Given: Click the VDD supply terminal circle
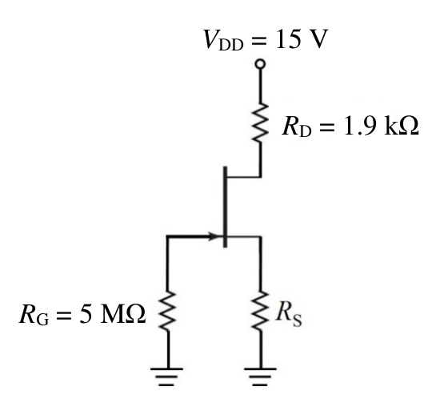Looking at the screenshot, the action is click(x=260, y=64).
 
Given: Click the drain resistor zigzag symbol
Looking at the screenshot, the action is click(x=261, y=122).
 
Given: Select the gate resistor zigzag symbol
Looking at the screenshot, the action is click(x=167, y=311).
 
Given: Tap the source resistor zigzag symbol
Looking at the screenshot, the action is click(x=261, y=311).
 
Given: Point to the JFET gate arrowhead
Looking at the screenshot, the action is click(x=215, y=236).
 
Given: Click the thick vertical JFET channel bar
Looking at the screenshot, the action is click(x=225, y=207).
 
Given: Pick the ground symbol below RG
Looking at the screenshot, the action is click(x=167, y=377).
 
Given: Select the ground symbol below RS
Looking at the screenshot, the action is click(x=261, y=377).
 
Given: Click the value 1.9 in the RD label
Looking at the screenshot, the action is click(x=361, y=126).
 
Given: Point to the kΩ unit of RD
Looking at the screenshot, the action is click(x=402, y=125).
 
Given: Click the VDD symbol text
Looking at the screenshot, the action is click(x=223, y=40).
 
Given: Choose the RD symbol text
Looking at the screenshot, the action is click(x=297, y=126).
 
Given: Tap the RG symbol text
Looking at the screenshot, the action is click(x=34, y=315).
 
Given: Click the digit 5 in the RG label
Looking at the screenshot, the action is click(x=86, y=314).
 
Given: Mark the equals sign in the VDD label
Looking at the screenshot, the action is click(x=258, y=41).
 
